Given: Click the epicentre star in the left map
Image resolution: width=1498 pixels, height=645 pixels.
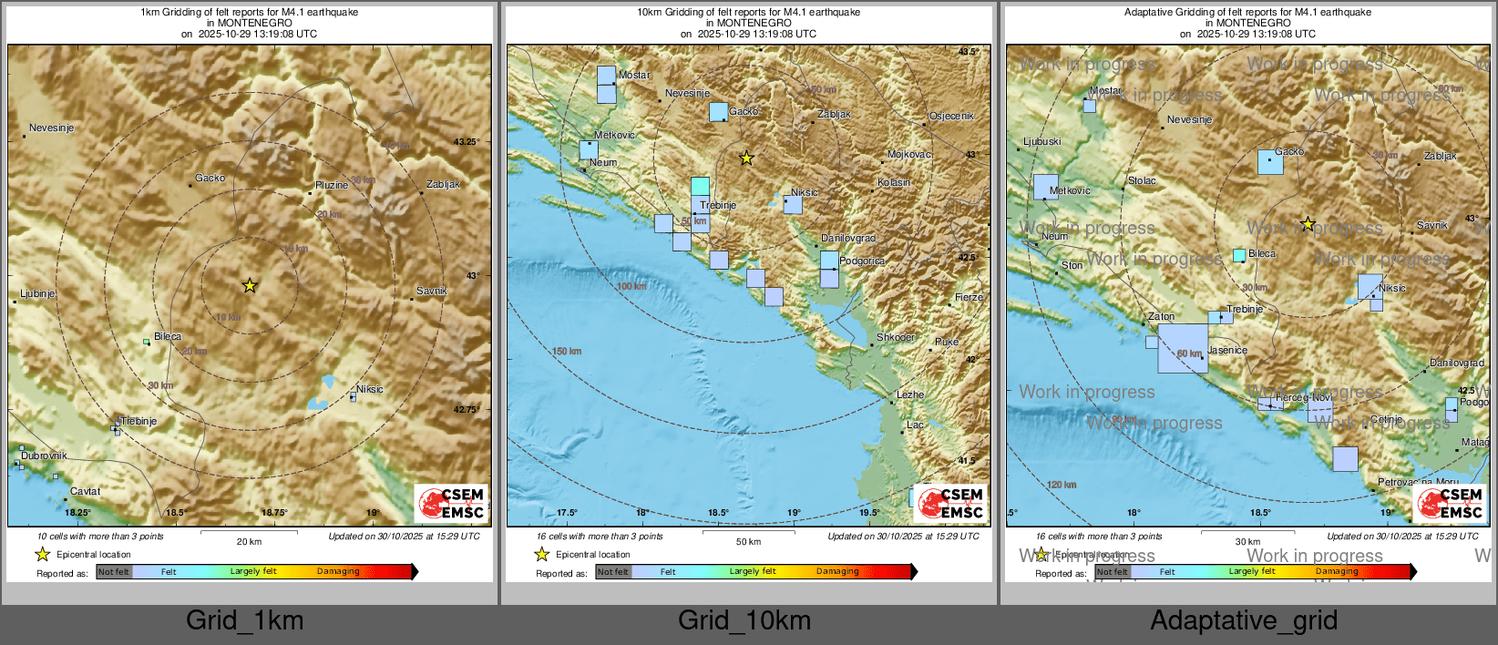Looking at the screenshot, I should coord(250,286).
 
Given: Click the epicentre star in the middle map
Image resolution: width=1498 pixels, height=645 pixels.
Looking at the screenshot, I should coord(746,159).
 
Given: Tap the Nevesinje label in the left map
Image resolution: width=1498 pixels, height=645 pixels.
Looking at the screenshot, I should coord(51,128).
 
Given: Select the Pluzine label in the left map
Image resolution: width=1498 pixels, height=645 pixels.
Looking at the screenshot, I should coord(332,186).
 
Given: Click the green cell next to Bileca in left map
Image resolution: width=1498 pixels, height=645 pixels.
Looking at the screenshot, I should coord(146,342).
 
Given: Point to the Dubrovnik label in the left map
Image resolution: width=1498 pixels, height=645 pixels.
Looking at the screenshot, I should coord(44,456).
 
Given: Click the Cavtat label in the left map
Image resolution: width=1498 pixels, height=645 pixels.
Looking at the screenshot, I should coord(86,492).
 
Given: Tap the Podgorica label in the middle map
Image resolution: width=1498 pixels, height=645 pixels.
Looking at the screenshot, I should coord(861,261).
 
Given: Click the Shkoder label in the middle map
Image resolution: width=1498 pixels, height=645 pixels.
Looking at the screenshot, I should coord(895,337).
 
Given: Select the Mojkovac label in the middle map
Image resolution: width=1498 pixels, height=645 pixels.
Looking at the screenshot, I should coord(908,155).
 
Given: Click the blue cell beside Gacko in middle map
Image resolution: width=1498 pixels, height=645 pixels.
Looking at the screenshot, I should coord(718,112).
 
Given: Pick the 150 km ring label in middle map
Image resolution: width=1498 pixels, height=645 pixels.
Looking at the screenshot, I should coord(566,352).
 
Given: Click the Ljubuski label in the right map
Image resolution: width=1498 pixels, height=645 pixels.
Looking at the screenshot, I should coord(1042,142).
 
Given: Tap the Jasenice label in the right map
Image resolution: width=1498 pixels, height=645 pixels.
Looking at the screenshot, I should coord(1227,351).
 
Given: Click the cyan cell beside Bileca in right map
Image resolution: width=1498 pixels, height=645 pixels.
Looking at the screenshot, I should coord(1239,255).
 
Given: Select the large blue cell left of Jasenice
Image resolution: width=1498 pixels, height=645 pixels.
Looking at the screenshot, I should coord(1183,348).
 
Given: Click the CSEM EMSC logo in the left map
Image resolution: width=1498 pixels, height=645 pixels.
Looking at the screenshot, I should coord(452,504).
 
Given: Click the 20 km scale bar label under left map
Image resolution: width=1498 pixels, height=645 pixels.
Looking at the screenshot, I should coord(249,542).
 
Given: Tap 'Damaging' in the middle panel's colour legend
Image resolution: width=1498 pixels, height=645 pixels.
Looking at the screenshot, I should coord(837,572).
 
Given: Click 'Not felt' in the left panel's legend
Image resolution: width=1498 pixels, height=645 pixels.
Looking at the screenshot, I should coord(114,572).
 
